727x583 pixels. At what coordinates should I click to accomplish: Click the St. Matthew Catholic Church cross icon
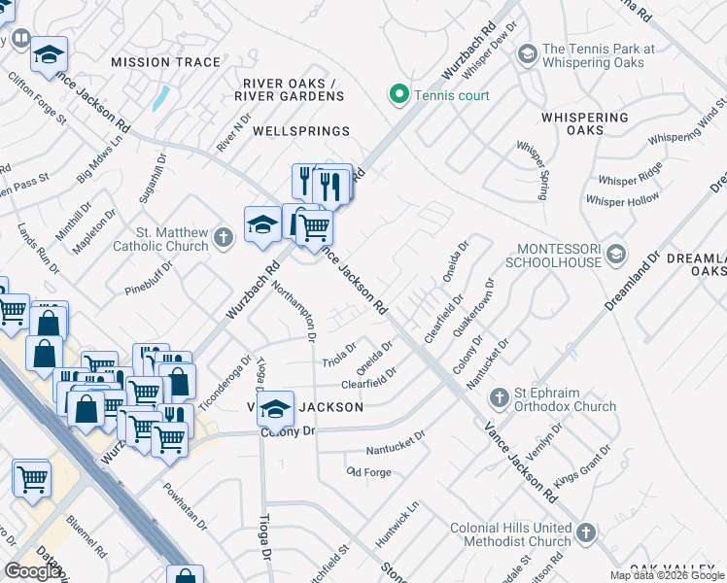tap(224, 236)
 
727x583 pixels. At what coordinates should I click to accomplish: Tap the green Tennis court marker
tap(398, 95)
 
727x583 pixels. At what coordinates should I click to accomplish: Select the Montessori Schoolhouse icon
tap(614, 256)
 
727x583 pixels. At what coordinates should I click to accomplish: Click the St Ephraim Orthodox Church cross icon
tap(499, 397)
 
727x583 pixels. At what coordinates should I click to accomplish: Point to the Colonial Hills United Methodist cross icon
tap(585, 532)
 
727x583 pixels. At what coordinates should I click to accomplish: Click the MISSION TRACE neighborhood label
tap(166, 62)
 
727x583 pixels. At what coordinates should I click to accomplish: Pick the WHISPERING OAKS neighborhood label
tap(584, 123)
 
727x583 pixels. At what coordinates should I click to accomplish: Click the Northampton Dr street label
tap(294, 311)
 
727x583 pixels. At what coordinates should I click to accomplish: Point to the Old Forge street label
tap(367, 471)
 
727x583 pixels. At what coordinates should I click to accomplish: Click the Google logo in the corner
tap(33, 571)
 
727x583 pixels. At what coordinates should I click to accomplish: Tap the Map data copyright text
tap(667, 575)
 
